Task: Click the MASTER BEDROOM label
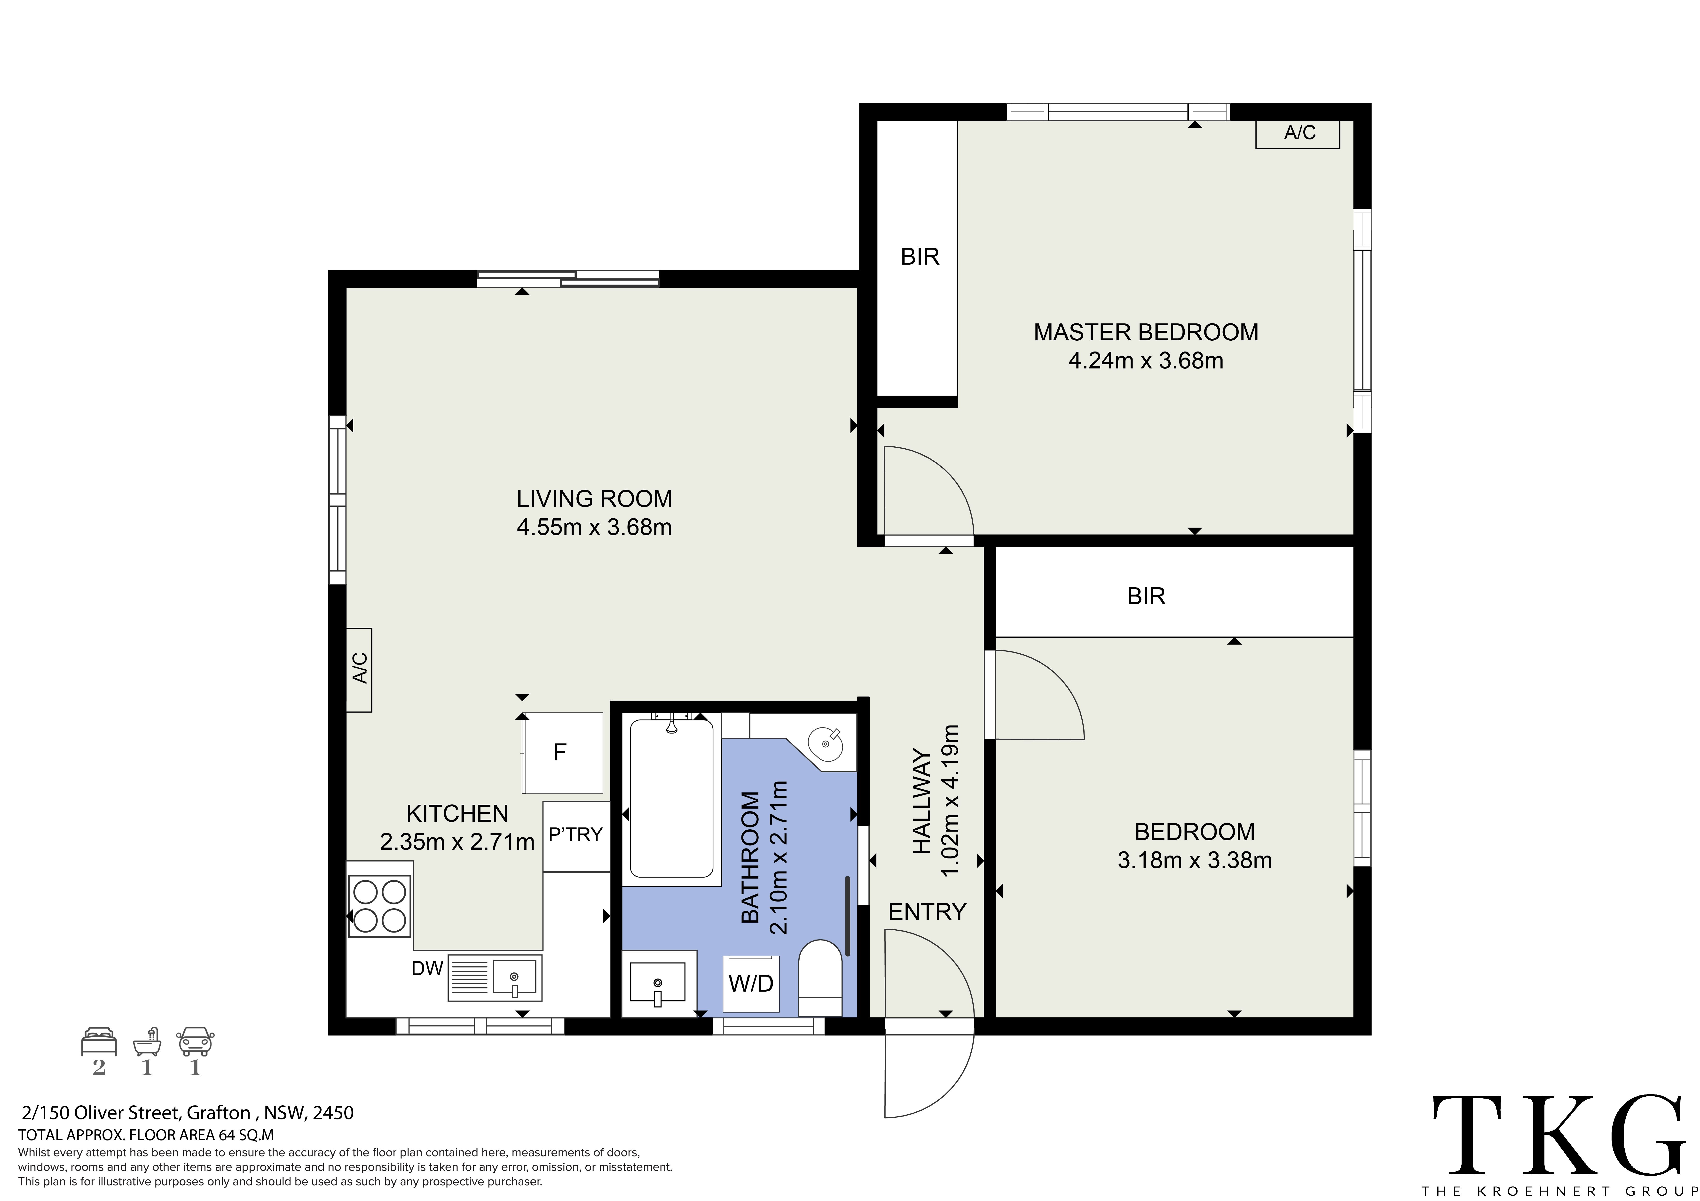point(1145,332)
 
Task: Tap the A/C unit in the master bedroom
point(1298,134)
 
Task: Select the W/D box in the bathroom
point(751,983)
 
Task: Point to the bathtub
point(672,799)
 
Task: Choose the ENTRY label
point(927,912)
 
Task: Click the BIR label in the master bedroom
point(920,257)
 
